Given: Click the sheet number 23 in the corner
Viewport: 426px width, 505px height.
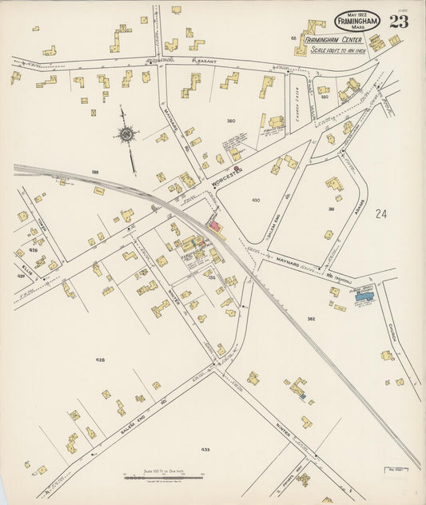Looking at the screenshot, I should [398, 22].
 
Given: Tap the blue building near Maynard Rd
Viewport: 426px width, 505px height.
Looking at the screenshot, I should [364, 296].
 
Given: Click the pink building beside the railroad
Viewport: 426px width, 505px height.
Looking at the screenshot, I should [215, 227].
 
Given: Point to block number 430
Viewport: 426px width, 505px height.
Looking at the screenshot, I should [256, 200].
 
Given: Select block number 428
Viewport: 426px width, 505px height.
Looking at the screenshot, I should [100, 360].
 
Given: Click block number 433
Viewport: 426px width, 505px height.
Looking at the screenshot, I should [205, 450].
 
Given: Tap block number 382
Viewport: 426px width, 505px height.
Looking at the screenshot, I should [311, 318].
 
